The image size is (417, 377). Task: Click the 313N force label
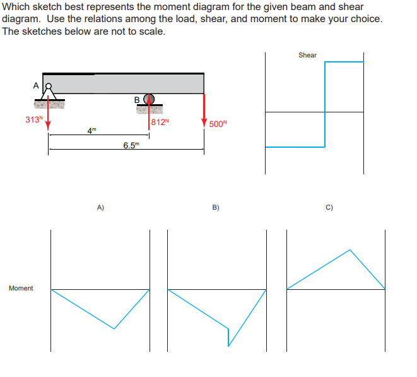click(33, 119)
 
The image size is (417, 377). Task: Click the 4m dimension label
click(92, 131)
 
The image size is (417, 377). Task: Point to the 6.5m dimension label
click(131, 145)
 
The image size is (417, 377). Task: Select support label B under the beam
click(138, 99)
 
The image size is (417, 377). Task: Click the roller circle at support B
click(150, 99)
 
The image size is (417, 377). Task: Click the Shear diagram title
click(307, 55)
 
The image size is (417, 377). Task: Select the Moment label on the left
click(21, 288)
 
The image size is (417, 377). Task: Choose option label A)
click(100, 206)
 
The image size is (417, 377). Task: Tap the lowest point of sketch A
click(114, 328)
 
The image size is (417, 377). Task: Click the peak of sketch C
click(350, 250)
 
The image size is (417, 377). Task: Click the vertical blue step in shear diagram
click(324, 104)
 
